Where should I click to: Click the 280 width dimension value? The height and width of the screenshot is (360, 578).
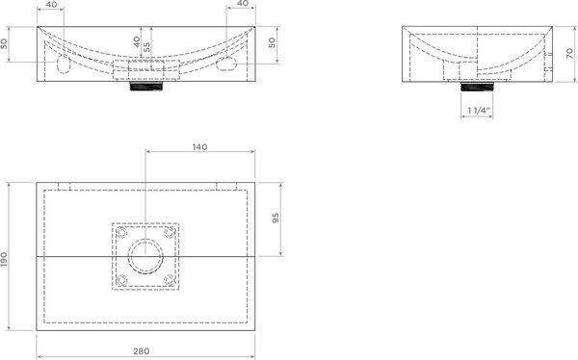[x=142, y=351]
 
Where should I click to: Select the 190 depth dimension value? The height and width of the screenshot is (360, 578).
[x=4, y=259]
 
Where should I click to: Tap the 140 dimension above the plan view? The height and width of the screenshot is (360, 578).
[x=199, y=146]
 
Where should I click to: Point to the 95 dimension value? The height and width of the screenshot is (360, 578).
[x=276, y=219]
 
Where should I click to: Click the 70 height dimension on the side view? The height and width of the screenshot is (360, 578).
[x=570, y=54]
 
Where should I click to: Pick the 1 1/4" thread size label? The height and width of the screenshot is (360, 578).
[x=479, y=110]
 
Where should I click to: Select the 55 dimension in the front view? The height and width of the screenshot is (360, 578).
[x=146, y=47]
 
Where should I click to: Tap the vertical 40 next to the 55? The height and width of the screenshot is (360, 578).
[x=137, y=41]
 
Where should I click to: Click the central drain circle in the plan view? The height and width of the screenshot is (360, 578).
[x=145, y=256]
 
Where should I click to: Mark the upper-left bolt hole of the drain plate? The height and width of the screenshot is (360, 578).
[x=121, y=233]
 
